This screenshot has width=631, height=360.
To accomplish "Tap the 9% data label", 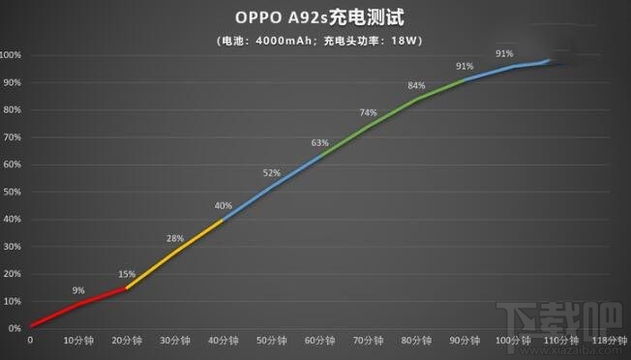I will [x=78, y=289].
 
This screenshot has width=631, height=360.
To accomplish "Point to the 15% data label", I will [x=127, y=274].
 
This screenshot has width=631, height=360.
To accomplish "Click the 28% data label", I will [x=175, y=238].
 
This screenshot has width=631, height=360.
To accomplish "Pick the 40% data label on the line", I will [x=224, y=205].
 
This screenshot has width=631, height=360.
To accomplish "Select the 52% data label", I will [x=272, y=173].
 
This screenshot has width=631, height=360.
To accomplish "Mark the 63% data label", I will [x=320, y=143].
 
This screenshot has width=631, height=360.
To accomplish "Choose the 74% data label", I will [x=369, y=112].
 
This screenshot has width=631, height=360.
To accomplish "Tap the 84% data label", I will [x=417, y=84].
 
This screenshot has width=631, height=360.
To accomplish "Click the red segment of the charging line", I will [x=77, y=305].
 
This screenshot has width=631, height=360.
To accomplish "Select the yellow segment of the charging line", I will [x=174, y=254].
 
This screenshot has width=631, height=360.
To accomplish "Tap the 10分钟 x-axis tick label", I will [x=78, y=341].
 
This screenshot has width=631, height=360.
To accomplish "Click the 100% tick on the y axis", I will [x=11, y=55].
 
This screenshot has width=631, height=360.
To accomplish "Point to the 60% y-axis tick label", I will [x=11, y=165].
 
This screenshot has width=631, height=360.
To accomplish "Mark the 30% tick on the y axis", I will [x=11, y=247].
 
